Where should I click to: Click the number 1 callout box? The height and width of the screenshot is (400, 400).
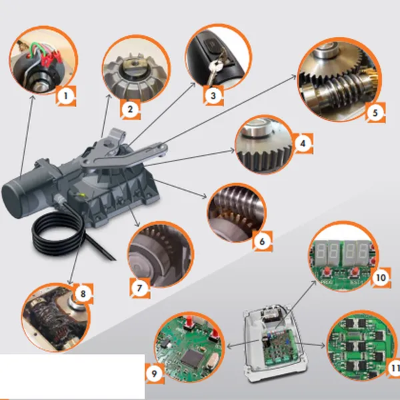[64, 96]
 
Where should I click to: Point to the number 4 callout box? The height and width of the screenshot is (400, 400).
[303, 142]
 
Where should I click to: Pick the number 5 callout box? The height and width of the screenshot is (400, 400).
[375, 112]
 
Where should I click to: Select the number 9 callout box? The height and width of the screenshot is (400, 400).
[154, 375]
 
